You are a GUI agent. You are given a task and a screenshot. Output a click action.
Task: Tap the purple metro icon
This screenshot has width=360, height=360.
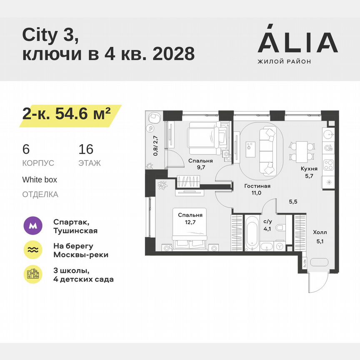(x=33, y=226)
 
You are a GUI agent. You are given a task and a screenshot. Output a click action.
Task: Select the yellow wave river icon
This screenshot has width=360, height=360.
(x=33, y=250)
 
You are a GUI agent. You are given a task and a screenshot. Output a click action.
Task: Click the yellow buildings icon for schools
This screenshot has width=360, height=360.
(x=33, y=274)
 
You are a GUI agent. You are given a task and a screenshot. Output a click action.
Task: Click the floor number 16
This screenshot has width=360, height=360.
(x=86, y=150)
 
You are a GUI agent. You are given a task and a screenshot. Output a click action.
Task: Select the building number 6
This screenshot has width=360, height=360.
(x=26, y=150)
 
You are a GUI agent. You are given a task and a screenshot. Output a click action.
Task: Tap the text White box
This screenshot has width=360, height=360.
(x=40, y=180)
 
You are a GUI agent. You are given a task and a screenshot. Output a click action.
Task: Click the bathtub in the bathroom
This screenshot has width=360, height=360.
(x=251, y=235)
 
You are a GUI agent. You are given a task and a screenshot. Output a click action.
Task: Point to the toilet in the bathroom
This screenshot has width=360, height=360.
(x=280, y=227)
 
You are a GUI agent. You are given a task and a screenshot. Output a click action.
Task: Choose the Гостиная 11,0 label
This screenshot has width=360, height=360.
(x=257, y=190)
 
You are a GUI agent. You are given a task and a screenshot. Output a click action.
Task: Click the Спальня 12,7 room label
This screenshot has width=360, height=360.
(x=190, y=219)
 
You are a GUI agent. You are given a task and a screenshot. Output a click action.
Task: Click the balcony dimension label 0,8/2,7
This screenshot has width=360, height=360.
(x=155, y=146)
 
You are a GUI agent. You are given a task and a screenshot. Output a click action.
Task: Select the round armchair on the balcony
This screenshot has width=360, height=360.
(x=155, y=118)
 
